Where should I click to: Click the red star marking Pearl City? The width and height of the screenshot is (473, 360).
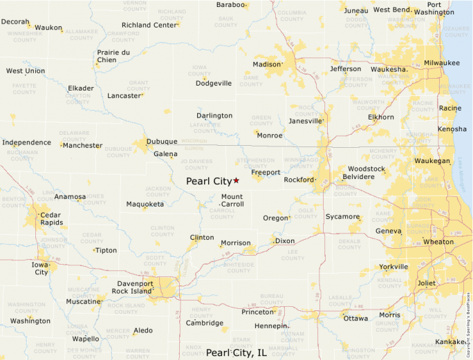[236, 180]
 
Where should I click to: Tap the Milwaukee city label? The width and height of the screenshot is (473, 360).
[442, 63]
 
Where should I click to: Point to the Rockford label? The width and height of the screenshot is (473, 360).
[299, 180]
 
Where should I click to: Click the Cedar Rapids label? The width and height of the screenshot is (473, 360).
[51, 218]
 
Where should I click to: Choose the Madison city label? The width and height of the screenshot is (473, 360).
[267, 64]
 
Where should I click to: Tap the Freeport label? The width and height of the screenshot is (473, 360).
[266, 172]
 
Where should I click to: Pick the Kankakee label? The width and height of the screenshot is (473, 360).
[450, 342]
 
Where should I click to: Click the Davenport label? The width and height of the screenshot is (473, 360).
[135, 283]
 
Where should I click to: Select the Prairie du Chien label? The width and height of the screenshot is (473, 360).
[113, 56]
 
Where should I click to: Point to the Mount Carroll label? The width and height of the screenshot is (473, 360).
[232, 200]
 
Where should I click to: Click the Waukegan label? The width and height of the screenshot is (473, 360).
[432, 160]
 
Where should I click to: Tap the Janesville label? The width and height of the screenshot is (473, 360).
[306, 121]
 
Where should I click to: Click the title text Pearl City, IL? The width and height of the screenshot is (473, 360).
[236, 352]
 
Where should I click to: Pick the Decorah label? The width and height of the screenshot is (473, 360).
[15, 22]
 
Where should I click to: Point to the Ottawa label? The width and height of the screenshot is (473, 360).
[355, 318]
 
